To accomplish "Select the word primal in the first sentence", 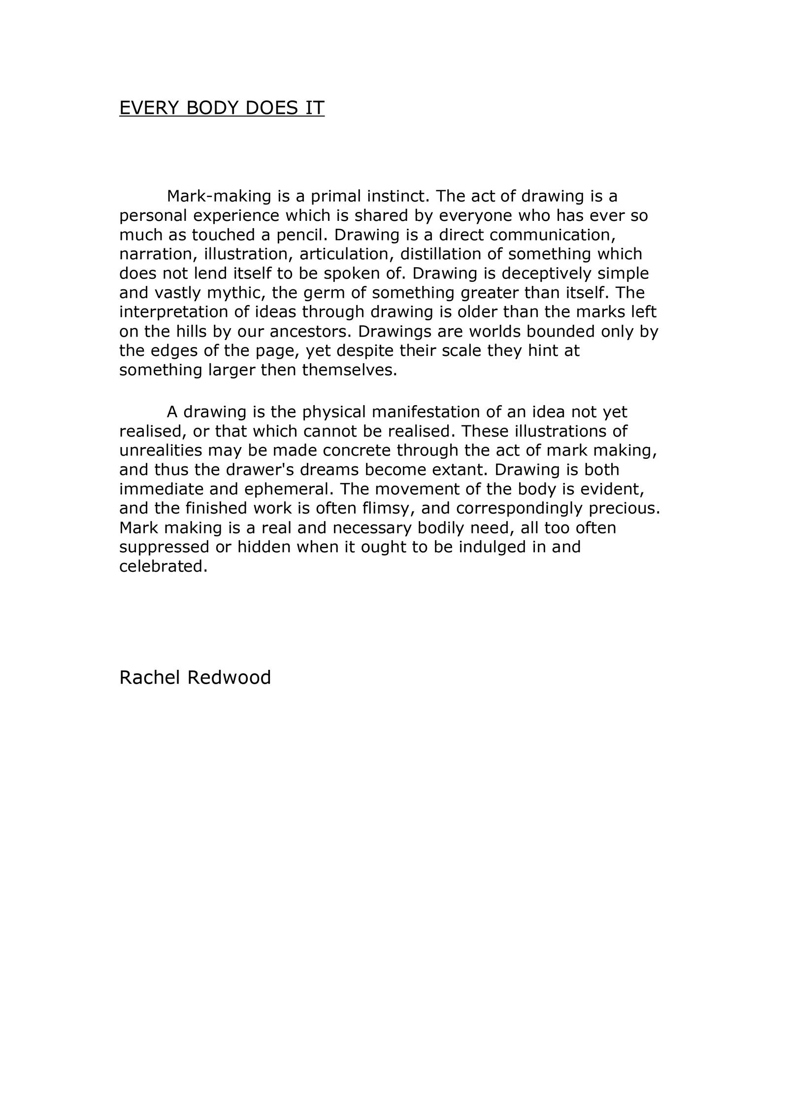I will [x=336, y=196].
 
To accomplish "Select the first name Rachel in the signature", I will [x=150, y=677].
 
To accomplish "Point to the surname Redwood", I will [x=229, y=677].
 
